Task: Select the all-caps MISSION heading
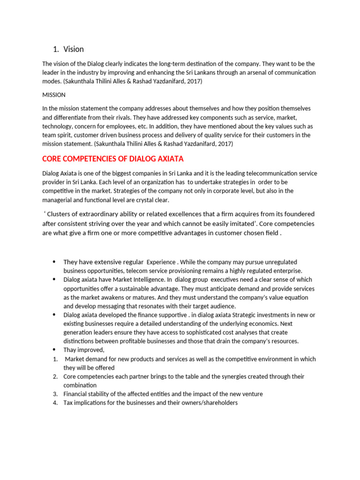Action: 54,95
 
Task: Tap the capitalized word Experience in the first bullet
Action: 161,262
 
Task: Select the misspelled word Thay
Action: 70,350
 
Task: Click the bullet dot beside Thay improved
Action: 54,350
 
